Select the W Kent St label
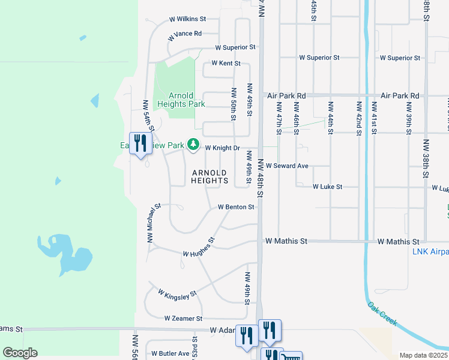tap(226, 63)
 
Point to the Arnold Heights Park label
tap(181, 100)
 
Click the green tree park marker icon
tap(193, 144)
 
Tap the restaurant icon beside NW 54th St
tap(140, 143)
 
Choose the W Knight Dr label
tap(223, 148)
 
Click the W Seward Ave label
tap(288, 166)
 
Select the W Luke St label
tap(327, 187)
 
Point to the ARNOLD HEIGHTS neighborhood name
tap(210, 176)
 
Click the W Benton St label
tap(236, 207)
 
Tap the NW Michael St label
tap(154, 223)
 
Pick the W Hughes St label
tap(199, 250)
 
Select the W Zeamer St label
tap(183, 319)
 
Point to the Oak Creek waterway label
tap(382, 314)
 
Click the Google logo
tap(20, 353)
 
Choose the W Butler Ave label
tap(170, 353)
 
